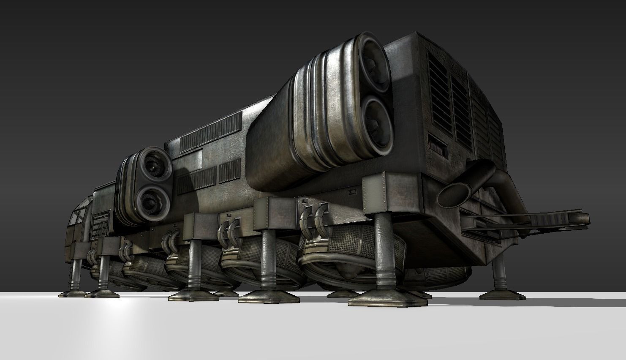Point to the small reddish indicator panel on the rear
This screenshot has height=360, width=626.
tap(437, 147)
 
